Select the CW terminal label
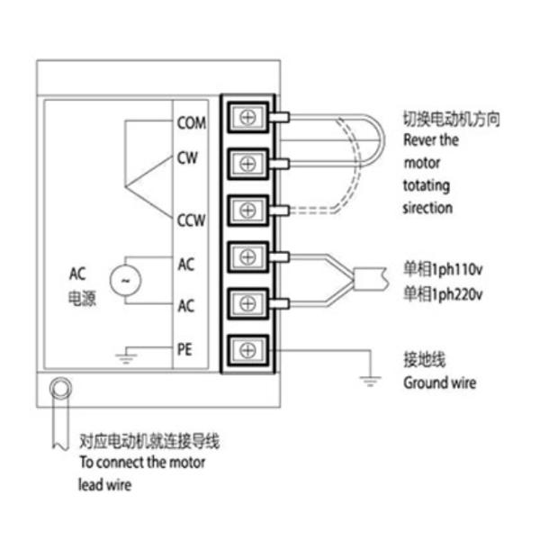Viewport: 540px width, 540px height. [187, 157]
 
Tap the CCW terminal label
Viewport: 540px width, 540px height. [190, 219]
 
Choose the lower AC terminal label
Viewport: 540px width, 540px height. [186, 306]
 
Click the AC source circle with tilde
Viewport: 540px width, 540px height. [124, 280]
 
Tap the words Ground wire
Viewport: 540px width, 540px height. [439, 382]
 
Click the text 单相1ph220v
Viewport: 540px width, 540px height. [443, 293]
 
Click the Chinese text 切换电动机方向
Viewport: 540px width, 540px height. [450, 119]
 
